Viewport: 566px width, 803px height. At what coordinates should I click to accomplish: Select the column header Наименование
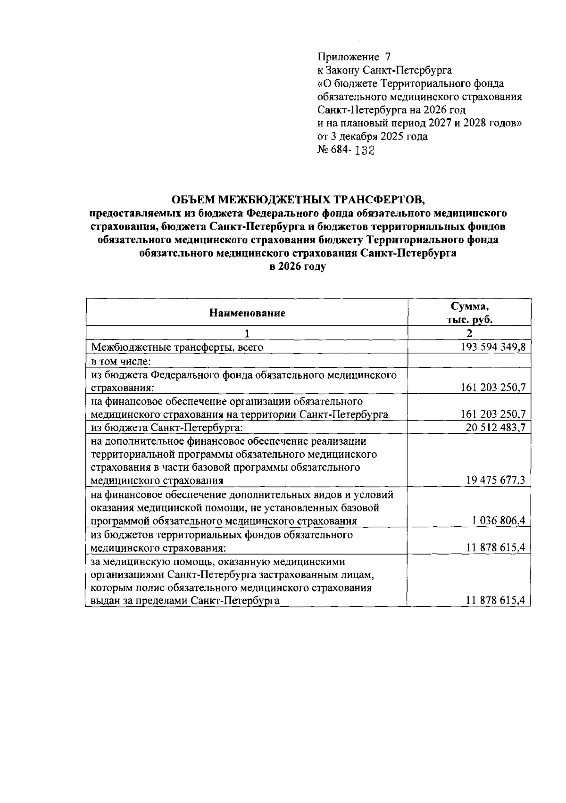coord(247,313)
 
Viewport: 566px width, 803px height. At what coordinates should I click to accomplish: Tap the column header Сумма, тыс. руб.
coord(469,313)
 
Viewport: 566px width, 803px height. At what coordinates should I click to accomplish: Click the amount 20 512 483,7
coord(496,428)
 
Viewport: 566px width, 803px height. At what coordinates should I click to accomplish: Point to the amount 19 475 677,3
coord(496,480)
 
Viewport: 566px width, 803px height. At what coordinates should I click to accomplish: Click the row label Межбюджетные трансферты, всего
coord(177,348)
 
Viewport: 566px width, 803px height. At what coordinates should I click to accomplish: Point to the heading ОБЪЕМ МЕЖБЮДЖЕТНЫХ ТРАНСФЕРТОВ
coord(298,200)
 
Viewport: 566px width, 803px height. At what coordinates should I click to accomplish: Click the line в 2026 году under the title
coord(298,266)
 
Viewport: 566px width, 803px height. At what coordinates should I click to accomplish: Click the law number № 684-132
coord(346,150)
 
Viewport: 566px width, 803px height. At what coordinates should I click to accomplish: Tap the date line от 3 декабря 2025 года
coord(373,137)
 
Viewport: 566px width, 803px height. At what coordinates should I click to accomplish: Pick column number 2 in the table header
coord(469,333)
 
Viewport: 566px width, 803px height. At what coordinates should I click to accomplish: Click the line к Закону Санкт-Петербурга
coord(384,70)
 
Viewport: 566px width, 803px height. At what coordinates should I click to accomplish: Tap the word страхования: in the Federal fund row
coord(123,388)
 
